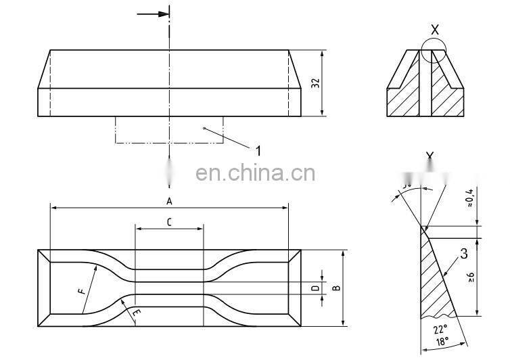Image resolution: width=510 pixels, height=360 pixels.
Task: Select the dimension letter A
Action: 169,201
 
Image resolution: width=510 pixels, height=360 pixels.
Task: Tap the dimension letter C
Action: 169,221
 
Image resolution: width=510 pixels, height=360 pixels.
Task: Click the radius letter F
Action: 82,291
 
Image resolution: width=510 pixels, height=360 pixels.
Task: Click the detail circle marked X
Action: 433,52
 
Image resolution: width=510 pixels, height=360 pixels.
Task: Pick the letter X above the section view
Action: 434,29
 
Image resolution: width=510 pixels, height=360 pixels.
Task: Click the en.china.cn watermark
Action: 255,174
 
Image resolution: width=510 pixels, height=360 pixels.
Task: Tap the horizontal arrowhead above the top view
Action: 162,14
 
